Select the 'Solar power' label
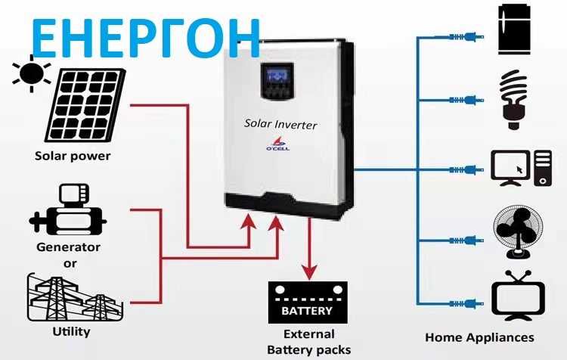click(x=73, y=157)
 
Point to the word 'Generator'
click(x=68, y=247)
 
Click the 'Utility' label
click(x=72, y=331)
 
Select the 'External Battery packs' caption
click(x=308, y=341)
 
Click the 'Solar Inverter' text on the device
click(x=280, y=124)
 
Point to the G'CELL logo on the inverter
click(x=280, y=146)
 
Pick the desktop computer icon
click(x=522, y=167)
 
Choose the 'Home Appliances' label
click(x=479, y=337)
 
